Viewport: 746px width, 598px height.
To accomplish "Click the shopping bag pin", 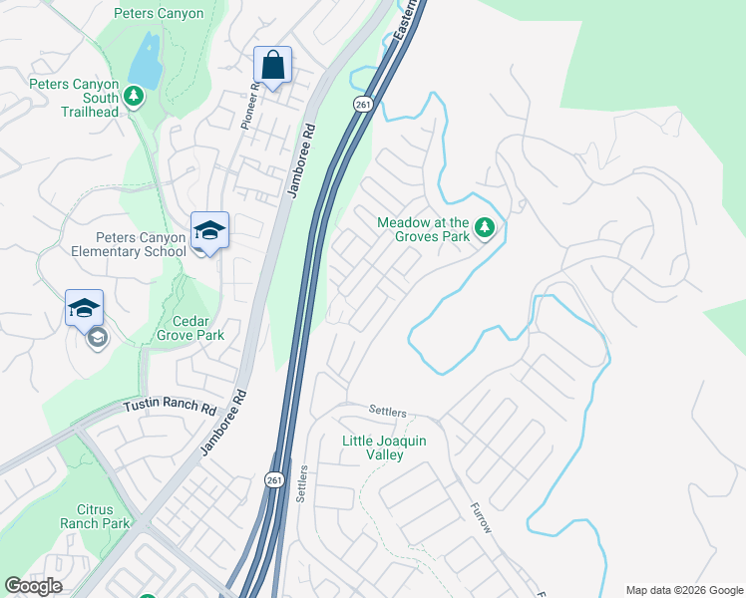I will click(x=272, y=67).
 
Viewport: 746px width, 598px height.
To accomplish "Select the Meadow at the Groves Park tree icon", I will click(x=485, y=228).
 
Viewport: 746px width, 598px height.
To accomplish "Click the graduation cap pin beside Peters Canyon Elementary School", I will click(x=210, y=231).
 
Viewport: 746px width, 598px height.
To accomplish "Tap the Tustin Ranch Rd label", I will click(x=170, y=409).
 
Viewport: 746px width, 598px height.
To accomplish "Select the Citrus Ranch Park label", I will click(x=95, y=516).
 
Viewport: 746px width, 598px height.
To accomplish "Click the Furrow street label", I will click(x=481, y=516).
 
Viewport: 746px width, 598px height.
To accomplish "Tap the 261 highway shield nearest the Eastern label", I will click(x=362, y=105).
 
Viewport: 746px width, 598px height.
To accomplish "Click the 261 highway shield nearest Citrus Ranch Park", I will click(x=274, y=479).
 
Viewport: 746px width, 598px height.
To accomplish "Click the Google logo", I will click(x=33, y=586).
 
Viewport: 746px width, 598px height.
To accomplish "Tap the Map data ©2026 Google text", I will click(x=684, y=590).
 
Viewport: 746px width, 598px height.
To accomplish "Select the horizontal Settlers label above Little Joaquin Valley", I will click(x=389, y=410).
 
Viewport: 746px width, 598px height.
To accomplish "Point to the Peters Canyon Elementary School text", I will click(x=141, y=244).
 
